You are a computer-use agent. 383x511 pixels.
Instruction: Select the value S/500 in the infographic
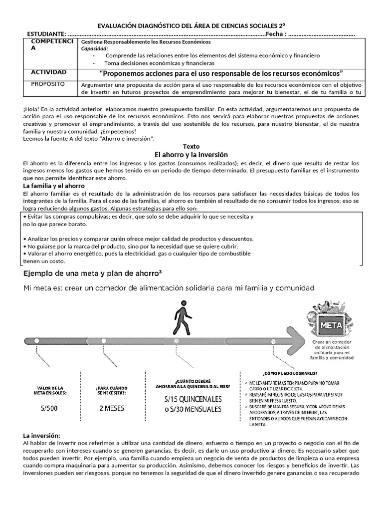pyautogui.click(x=50, y=408)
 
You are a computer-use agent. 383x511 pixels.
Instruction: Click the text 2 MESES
pyautogui.click(x=111, y=408)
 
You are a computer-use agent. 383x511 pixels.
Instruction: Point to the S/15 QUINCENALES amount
pyautogui.click(x=193, y=400)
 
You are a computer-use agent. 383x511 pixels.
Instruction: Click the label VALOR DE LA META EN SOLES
pyautogui.click(x=50, y=390)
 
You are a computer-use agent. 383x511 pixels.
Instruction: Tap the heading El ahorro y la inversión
pyautogui.click(x=191, y=155)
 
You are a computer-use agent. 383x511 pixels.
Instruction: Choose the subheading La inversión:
pyautogui.click(x=41, y=436)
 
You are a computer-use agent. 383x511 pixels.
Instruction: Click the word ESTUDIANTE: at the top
pyautogui.click(x=46, y=33)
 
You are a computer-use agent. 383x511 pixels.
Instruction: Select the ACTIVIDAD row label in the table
pyautogui.click(x=49, y=72)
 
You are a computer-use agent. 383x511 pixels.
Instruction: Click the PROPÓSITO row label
pyautogui.click(x=48, y=84)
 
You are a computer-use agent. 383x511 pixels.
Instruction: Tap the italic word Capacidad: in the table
pyautogui.click(x=94, y=49)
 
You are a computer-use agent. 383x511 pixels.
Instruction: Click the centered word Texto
pyautogui.click(x=191, y=147)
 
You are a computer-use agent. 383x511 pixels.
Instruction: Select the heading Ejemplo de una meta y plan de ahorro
pyautogui.click(x=92, y=274)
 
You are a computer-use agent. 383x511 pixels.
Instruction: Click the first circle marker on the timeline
pyautogui.click(x=36, y=340)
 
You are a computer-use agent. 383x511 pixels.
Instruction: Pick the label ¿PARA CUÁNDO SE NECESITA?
pyautogui.click(x=111, y=390)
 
